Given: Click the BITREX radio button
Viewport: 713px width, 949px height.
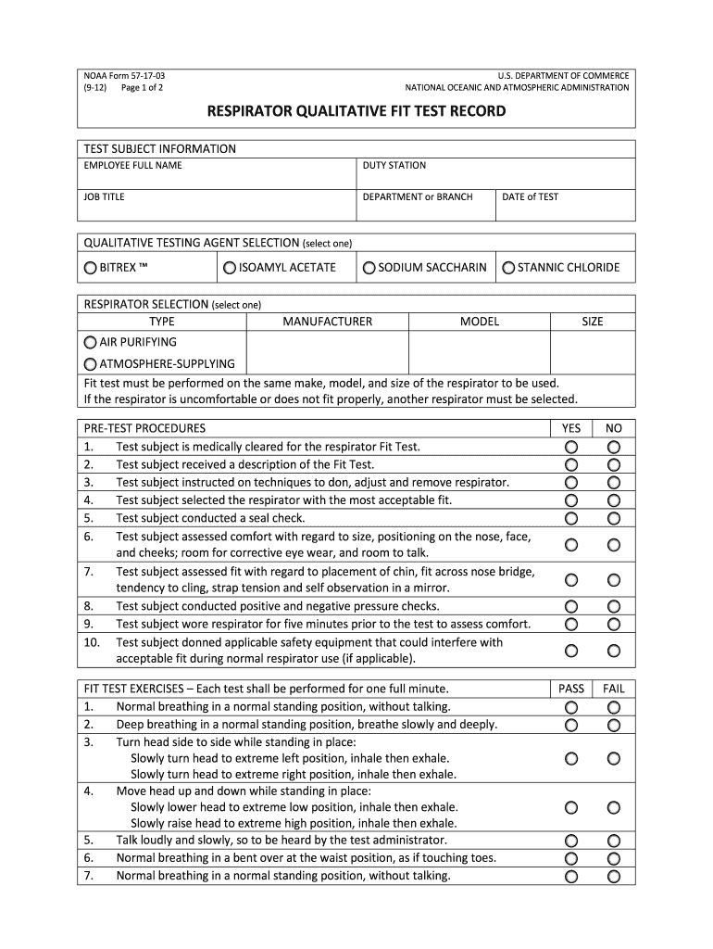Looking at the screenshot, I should [x=90, y=268].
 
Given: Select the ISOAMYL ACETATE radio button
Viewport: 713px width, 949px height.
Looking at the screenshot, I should [x=230, y=268].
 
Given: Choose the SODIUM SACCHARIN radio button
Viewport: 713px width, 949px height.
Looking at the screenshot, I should [x=369, y=268].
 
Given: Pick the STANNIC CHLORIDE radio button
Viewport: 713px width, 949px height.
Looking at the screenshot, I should [x=508, y=268].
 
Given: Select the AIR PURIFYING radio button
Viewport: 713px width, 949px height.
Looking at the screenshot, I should [x=90, y=342].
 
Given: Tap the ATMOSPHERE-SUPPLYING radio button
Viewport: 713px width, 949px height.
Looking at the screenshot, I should [x=90, y=363].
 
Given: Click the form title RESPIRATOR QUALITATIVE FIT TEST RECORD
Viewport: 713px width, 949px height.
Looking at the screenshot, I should [x=356, y=111].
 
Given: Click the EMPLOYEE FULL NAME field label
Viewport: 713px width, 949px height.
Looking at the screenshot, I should [x=133, y=166].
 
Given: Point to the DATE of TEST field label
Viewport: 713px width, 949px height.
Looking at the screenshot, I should [x=531, y=196].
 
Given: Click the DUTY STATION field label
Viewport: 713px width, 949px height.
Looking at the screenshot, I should [x=394, y=166].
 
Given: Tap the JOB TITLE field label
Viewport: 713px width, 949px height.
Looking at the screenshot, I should [x=105, y=196].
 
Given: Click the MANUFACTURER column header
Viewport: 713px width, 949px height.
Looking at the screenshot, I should [x=328, y=322].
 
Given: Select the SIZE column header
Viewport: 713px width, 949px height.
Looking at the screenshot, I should [x=593, y=322].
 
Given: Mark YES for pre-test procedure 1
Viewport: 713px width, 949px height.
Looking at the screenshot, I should [x=571, y=447].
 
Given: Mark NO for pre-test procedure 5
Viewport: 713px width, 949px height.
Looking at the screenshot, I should [x=614, y=518].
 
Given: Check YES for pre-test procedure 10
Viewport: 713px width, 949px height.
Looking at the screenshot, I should [x=571, y=651].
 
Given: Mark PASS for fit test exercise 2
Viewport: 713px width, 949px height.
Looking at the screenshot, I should [x=571, y=725].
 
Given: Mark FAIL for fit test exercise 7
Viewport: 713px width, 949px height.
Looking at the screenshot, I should [x=614, y=876].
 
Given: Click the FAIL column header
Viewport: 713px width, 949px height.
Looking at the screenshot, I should [x=614, y=689].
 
